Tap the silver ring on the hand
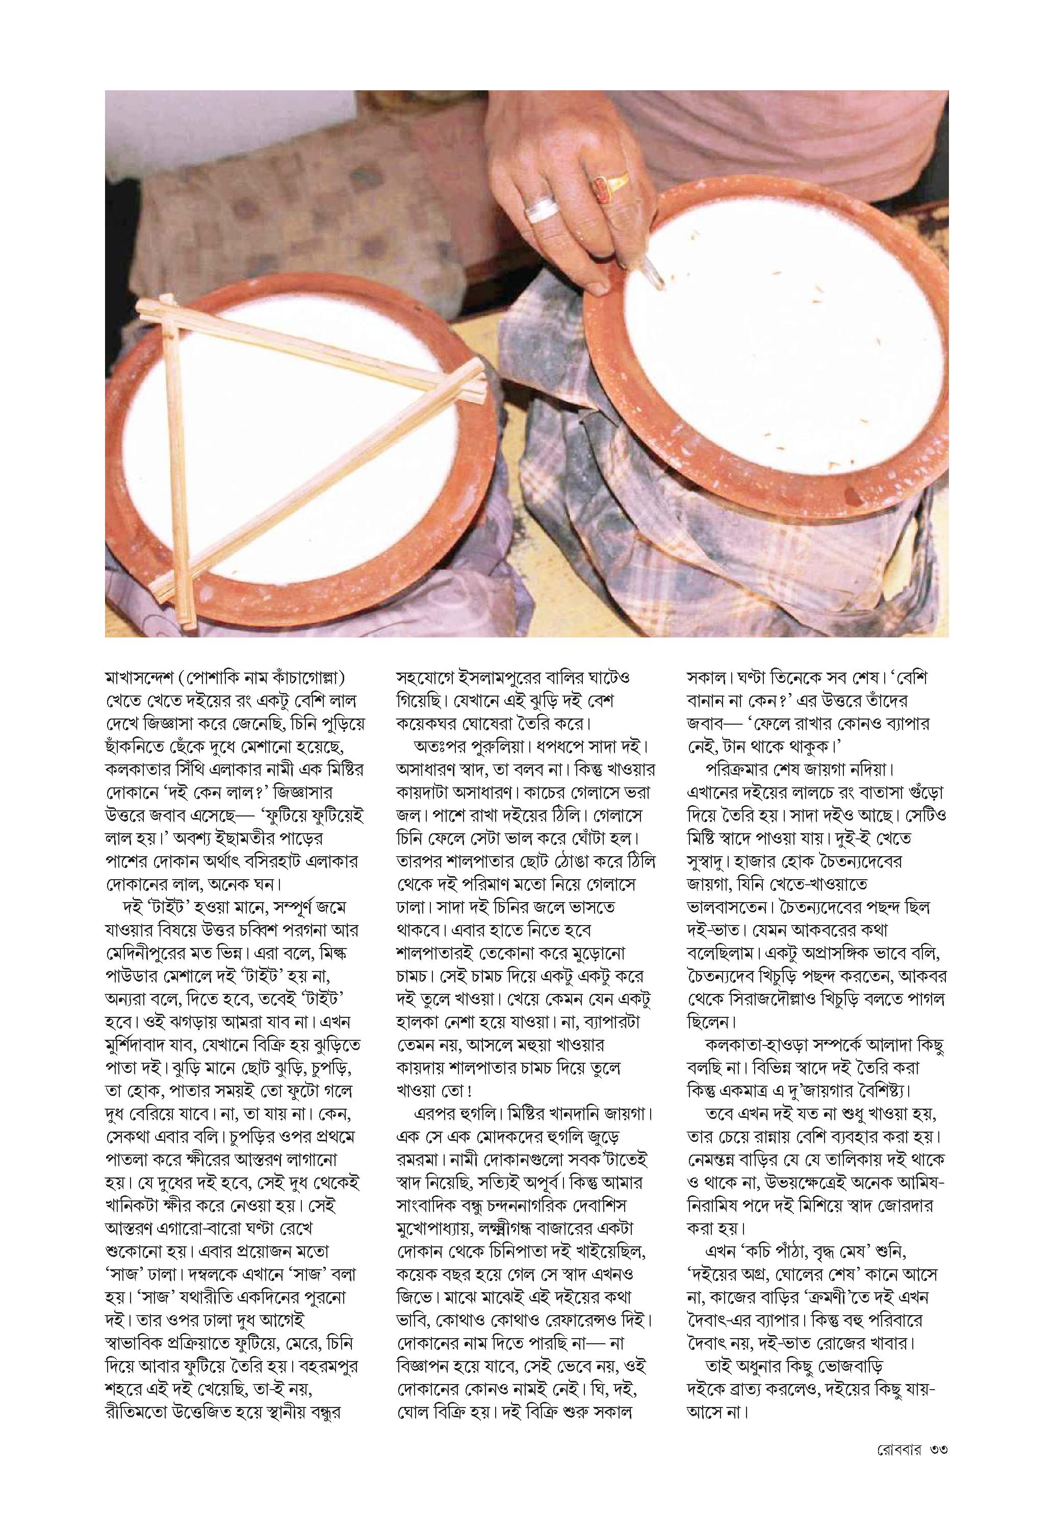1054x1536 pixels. [541, 210]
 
